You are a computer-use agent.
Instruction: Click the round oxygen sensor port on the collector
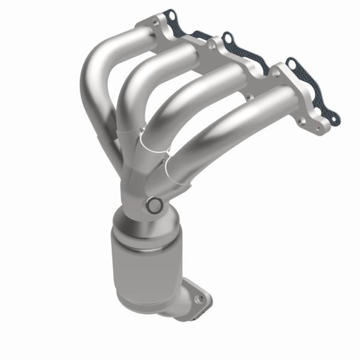click(x=154, y=205)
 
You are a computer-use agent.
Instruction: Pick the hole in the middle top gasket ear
click(x=227, y=39)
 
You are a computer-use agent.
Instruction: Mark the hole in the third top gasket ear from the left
click(x=292, y=62)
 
